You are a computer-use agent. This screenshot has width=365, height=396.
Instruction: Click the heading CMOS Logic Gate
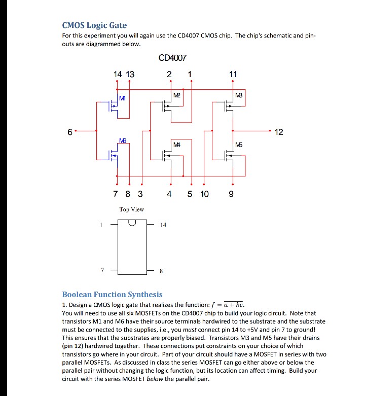(94, 25)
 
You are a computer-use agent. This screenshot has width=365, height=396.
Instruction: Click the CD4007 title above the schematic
(173, 58)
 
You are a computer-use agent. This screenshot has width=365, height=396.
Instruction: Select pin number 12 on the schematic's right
(279, 132)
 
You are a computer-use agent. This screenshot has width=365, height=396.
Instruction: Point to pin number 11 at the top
(233, 74)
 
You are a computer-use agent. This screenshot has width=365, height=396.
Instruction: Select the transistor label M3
(238, 95)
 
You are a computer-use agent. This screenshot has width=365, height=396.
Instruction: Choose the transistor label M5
(239, 145)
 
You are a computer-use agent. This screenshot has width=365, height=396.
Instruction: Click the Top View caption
(132, 209)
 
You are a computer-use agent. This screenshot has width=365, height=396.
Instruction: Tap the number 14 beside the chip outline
(162, 224)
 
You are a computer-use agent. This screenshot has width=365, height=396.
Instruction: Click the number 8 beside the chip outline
(161, 271)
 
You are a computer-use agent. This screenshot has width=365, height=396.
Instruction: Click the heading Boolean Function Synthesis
(112, 294)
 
